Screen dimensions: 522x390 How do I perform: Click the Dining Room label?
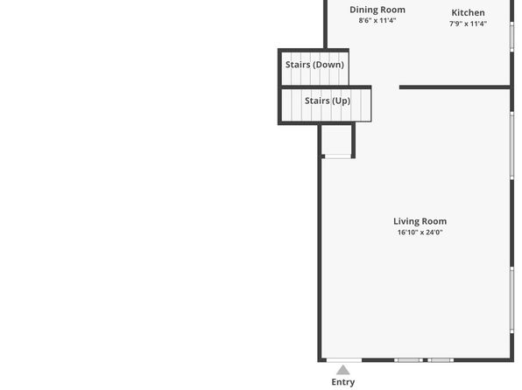[377, 10]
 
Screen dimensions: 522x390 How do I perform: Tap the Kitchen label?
[468, 12]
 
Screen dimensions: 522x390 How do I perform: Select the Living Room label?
[420, 221]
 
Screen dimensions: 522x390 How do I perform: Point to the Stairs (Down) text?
[314, 65]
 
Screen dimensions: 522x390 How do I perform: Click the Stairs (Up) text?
[328, 101]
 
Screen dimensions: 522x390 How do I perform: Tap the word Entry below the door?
[343, 382]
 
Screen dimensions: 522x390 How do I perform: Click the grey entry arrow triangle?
[343, 370]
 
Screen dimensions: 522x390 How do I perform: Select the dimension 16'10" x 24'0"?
[420, 232]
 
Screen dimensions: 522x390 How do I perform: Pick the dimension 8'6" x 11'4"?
[377, 20]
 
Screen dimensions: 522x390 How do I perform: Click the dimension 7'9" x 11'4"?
[468, 24]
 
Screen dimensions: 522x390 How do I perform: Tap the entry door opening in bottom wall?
[344, 360]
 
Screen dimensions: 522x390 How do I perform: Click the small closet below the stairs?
[336, 140]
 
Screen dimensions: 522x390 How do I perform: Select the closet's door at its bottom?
[338, 157]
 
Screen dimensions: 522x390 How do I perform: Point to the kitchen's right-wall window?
[512, 37]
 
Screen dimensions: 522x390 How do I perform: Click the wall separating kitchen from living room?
[455, 87]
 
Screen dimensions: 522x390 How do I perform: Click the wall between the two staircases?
[326, 87]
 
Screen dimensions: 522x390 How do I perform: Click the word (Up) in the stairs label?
[342, 101]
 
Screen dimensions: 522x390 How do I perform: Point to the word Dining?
[363, 10]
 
